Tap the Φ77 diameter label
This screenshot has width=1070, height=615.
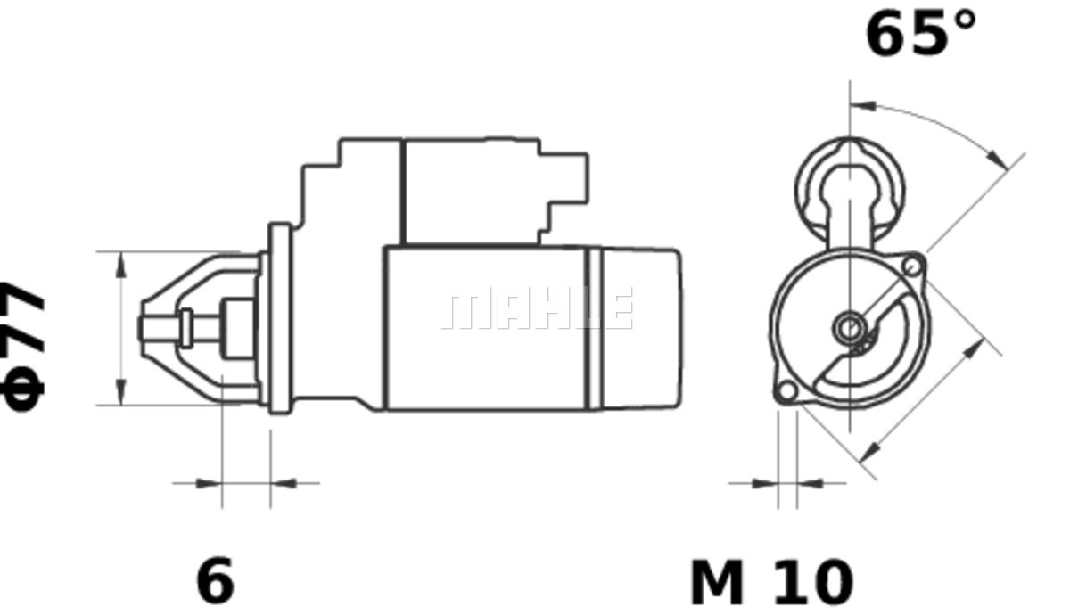pyautogui.click(x=23, y=346)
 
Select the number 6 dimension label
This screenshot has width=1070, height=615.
pyautogui.click(x=216, y=579)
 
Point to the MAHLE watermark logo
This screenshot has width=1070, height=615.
pyautogui.click(x=537, y=308)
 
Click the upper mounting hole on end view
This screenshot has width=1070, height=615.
pyautogui.click(x=913, y=266)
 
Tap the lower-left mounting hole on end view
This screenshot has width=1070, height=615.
pyautogui.click(x=786, y=391)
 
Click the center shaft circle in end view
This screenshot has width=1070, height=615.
pyautogui.click(x=850, y=328)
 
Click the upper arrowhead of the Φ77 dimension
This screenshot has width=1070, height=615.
pyautogui.click(x=121, y=265)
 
